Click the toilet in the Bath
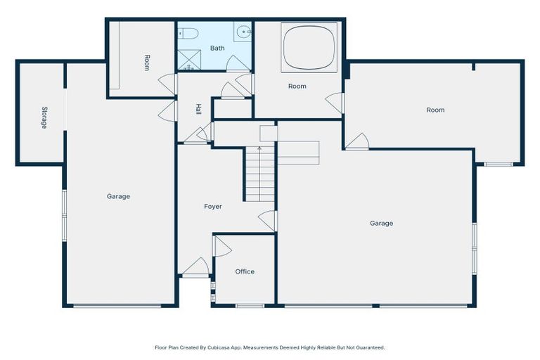tap(189, 32)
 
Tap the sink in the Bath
tap(243, 31)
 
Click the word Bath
tap(217, 49)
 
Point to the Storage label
tap(44, 117)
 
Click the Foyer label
tap(212, 207)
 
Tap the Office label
tap(245, 271)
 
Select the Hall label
tap(198, 110)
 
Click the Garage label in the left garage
tap(118, 196)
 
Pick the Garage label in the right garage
tap(381, 223)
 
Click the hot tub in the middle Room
tap(309, 47)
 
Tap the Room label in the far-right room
tap(435, 110)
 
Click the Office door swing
tap(221, 245)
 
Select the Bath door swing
tap(237, 64)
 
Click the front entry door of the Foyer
tap(196, 267)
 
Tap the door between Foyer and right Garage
tap(269, 220)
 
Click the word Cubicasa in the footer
tap(220, 347)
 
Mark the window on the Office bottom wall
tap(250, 306)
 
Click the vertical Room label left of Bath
tap(146, 63)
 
